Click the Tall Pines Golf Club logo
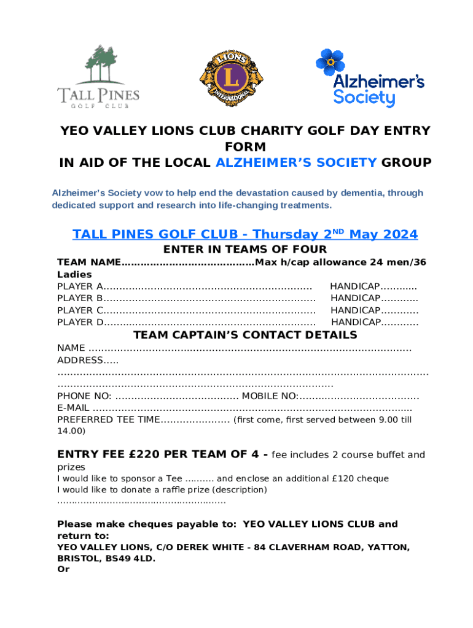point(98,77)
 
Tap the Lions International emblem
point(225,77)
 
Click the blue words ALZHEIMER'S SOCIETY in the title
point(296,163)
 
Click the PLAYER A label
point(79,286)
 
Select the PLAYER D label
point(79,322)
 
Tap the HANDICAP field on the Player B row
point(355,299)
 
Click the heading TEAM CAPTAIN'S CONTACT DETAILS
point(245,335)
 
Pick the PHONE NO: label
point(84,396)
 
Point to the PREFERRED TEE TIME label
point(108,420)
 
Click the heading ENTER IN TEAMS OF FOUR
point(244,250)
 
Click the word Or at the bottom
point(63,570)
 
